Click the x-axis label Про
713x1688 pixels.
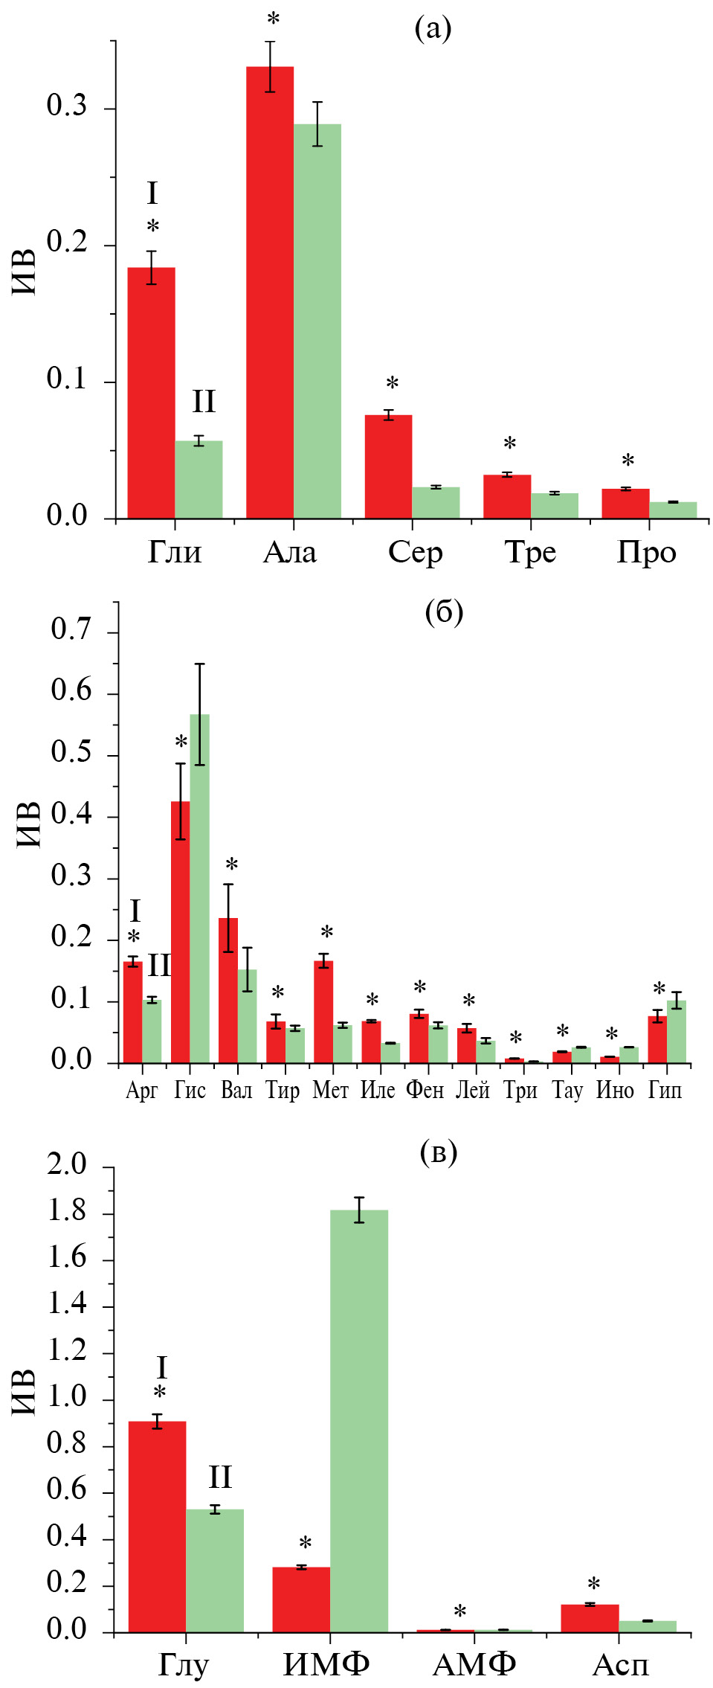click(x=646, y=552)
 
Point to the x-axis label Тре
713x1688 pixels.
click(x=530, y=552)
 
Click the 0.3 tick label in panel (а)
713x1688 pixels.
click(x=67, y=106)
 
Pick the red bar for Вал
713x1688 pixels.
click(x=228, y=990)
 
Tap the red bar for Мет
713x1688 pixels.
click(x=323, y=1012)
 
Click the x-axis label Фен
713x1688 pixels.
click(x=425, y=1091)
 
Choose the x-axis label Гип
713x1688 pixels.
click(x=665, y=1091)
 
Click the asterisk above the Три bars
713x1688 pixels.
click(x=515, y=1039)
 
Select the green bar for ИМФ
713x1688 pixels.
click(x=359, y=1420)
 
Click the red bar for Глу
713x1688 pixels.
click(x=157, y=1526)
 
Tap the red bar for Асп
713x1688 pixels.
click(x=590, y=1618)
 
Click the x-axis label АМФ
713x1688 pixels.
click(x=474, y=1664)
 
